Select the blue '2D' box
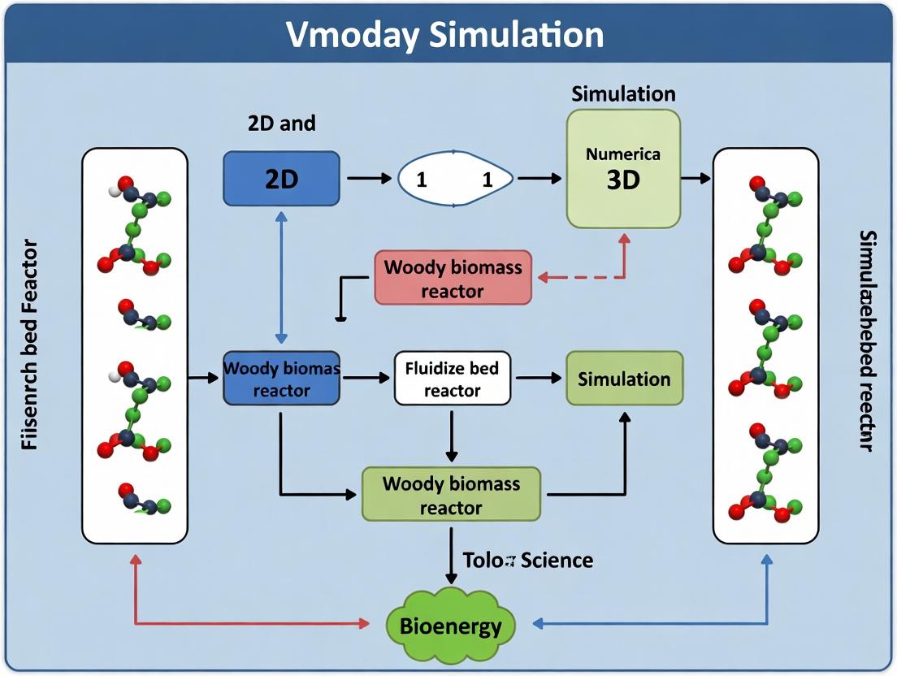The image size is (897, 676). tap(281, 178)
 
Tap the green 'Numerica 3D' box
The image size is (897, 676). tap(623, 168)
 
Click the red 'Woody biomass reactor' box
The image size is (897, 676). tap(453, 278)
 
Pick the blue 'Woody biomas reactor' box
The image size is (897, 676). tap(281, 379)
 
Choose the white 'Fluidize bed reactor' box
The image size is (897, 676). tap(453, 379)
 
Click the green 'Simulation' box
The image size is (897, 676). tap(624, 379)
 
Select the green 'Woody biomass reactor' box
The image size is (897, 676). tap(451, 495)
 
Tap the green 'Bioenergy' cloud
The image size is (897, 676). tap(450, 626)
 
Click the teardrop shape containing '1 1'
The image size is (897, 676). tap(455, 179)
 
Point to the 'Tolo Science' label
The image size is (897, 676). tap(527, 560)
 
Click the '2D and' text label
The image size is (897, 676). tap(281, 123)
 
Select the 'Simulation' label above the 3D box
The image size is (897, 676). tap(623, 93)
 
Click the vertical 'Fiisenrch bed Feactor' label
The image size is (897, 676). tap(29, 344)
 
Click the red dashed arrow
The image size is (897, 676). tap(585, 276)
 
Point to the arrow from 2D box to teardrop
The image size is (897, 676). tap(370, 178)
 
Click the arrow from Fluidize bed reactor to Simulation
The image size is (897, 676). tap(538, 378)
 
